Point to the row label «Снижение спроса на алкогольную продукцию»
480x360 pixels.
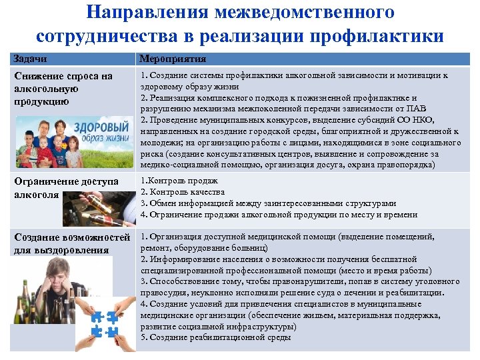(63, 89)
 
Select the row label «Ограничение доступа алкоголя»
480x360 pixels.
(66, 188)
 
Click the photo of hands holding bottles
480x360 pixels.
(100, 209)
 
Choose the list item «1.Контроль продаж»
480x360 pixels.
(174, 181)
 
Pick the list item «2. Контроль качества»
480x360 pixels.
(177, 193)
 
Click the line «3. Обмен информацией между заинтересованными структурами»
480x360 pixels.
(269, 203)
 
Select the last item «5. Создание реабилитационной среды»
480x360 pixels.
(216, 337)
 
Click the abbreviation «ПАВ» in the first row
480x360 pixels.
(415, 109)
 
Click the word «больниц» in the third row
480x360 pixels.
(245, 247)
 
